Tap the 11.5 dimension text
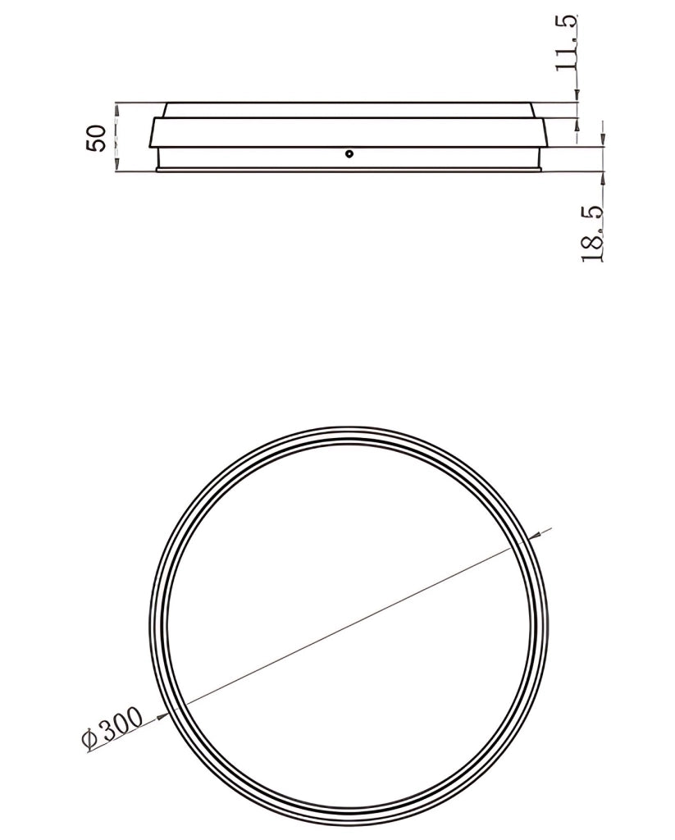click(x=566, y=43)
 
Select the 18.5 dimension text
click(x=592, y=234)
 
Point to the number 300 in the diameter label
click(x=121, y=724)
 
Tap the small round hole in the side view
click(x=349, y=153)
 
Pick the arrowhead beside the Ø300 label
click(x=163, y=714)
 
